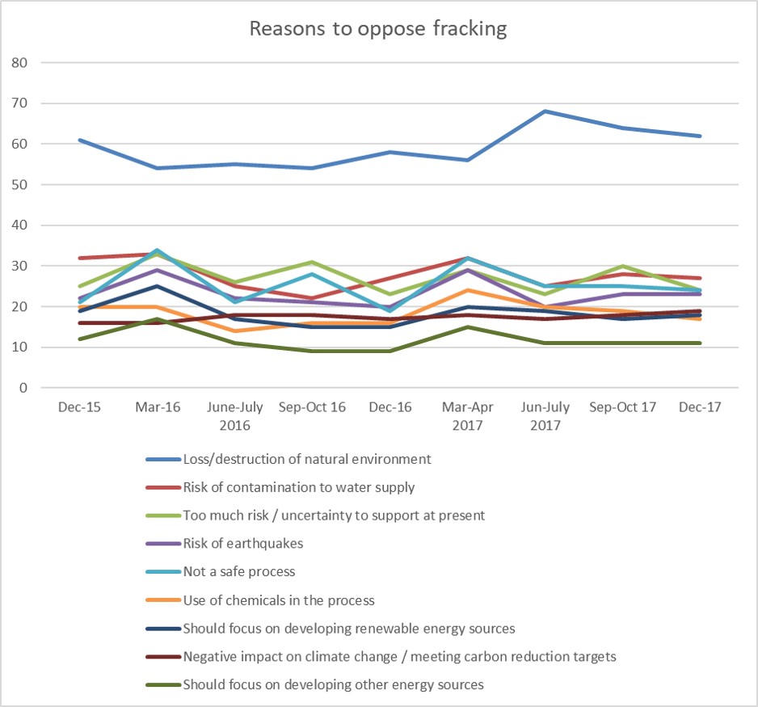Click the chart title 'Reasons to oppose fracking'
click(x=378, y=29)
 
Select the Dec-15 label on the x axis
click(x=80, y=407)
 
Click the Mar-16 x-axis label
click(x=158, y=407)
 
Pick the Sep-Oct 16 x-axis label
click(x=312, y=407)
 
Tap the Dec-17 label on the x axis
click(x=700, y=407)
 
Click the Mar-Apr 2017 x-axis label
click(x=467, y=415)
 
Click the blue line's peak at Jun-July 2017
click(x=545, y=111)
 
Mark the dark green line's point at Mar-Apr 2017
click(x=468, y=326)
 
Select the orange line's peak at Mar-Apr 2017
click(x=468, y=290)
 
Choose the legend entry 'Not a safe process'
click(x=239, y=571)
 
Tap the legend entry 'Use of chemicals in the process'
click(x=279, y=600)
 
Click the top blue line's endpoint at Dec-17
click(x=700, y=136)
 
